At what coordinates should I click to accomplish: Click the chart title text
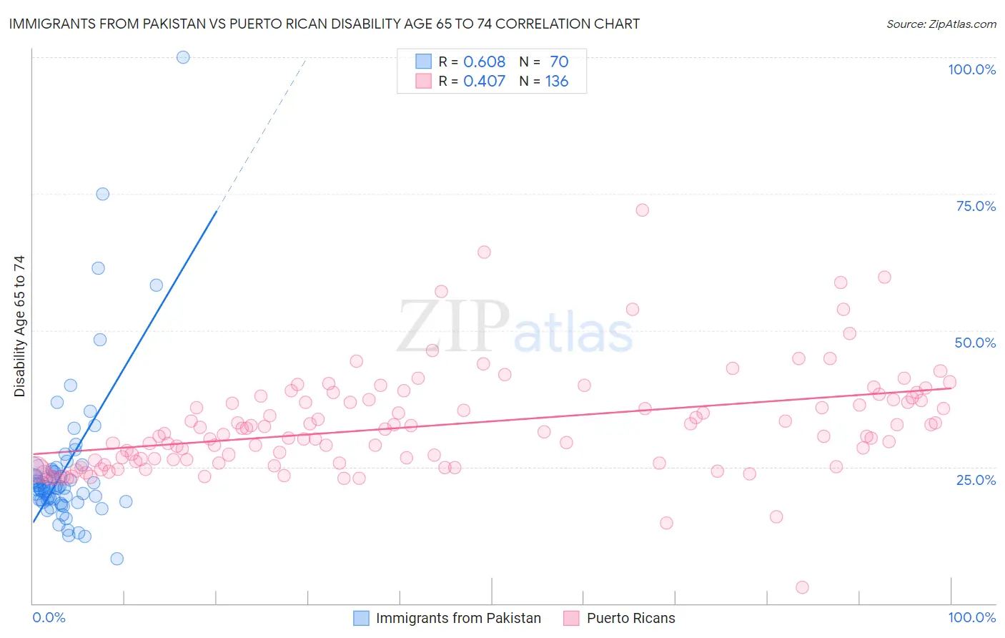(x=324, y=24)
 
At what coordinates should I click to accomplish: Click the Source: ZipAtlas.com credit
(x=941, y=24)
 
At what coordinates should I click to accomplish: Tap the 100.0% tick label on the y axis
(x=971, y=69)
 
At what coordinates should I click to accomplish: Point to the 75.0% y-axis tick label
(x=976, y=206)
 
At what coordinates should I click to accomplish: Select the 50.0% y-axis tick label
(x=975, y=343)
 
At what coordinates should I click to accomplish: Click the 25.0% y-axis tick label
(x=976, y=479)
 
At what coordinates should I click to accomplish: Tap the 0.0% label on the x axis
(x=49, y=617)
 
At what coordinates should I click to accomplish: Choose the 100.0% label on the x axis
(x=971, y=617)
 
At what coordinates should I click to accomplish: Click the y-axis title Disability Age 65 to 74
(x=19, y=326)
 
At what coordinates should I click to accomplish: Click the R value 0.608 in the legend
(x=484, y=62)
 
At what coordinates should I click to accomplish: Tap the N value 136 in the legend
(x=557, y=82)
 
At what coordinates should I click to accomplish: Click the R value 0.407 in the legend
(x=484, y=82)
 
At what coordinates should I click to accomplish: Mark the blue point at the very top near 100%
(x=183, y=57)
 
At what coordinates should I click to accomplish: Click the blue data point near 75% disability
(x=103, y=194)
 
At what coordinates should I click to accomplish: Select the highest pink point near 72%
(x=642, y=210)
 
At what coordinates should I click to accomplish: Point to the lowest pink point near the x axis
(x=802, y=587)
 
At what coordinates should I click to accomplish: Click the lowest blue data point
(x=117, y=559)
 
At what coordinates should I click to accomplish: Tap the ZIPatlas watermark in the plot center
(x=515, y=328)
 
